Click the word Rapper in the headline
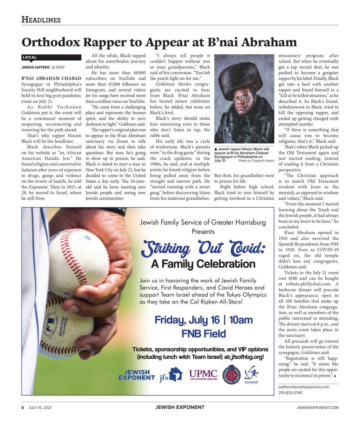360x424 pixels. [x=105, y=42]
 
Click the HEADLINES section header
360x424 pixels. [x=41, y=20]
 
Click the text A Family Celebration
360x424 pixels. [x=203, y=264]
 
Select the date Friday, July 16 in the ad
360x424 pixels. [x=187, y=320]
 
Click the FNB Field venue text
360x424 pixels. [x=203, y=334]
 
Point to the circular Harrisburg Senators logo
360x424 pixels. [x=231, y=375]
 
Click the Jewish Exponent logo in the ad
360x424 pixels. [x=137, y=375]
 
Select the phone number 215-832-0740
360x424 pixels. [x=290, y=393]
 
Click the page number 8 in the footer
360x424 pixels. [x=23, y=407]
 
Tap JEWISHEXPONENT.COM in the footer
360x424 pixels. [x=317, y=407]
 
